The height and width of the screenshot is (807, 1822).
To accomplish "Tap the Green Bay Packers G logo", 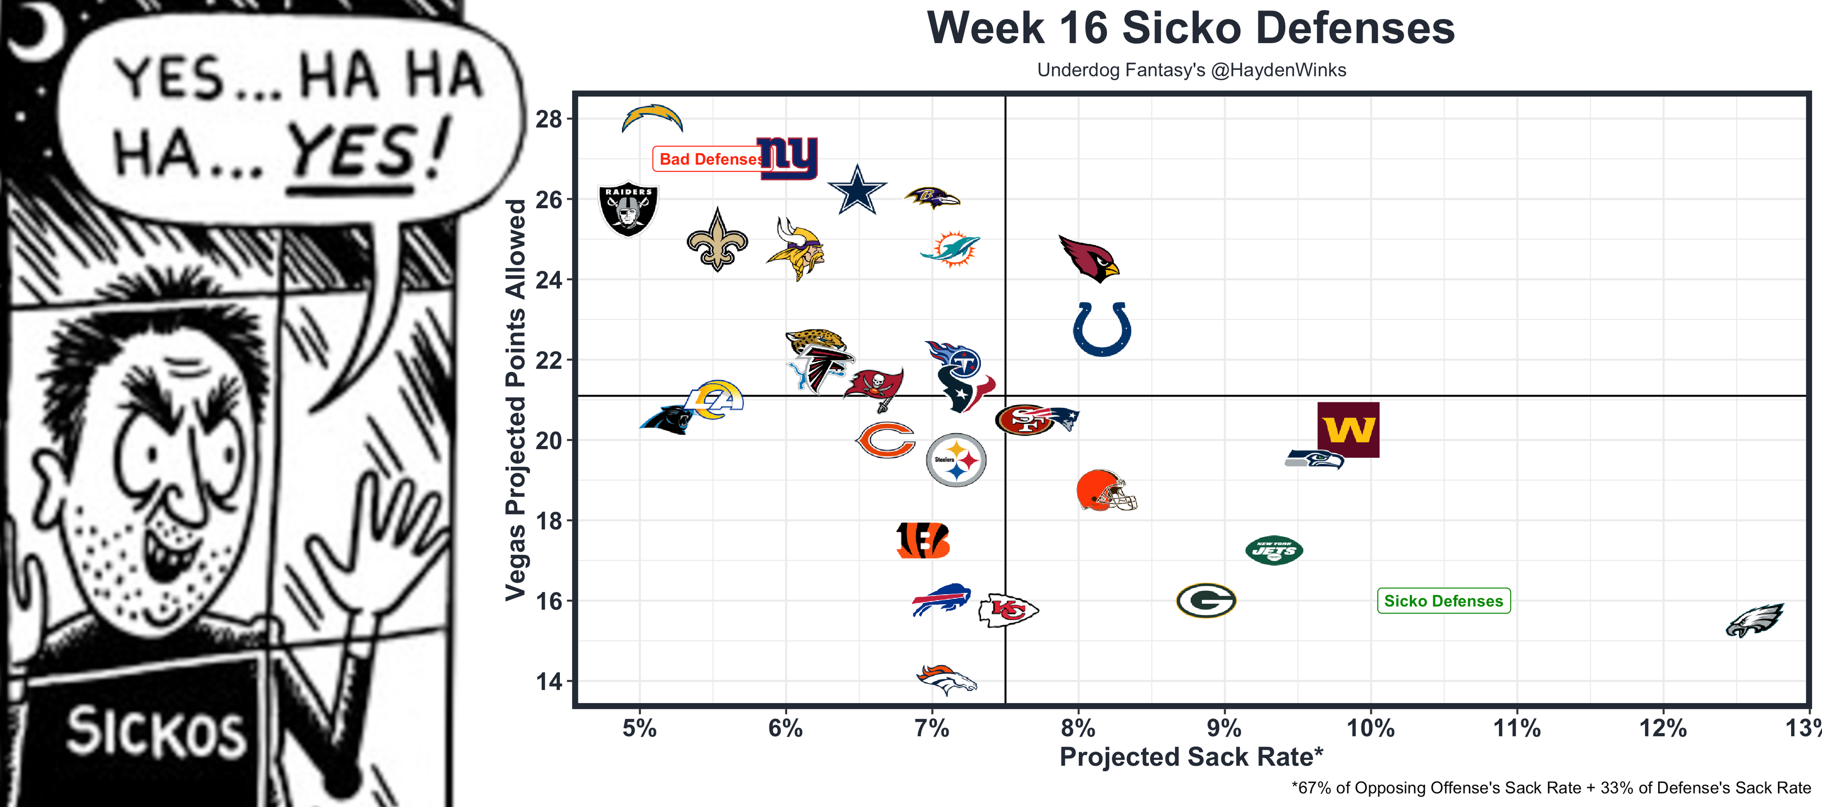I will (1206, 601).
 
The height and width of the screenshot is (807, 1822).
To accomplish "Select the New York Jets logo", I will (1274, 550).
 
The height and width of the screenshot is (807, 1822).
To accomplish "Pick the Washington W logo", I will (1348, 429).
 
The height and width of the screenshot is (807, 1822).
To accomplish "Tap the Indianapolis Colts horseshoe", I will (1102, 329).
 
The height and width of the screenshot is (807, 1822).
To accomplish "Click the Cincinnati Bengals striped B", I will (922, 541).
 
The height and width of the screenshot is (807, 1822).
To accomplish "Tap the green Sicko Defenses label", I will (1443, 601).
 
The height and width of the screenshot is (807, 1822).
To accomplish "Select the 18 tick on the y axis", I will (549, 521).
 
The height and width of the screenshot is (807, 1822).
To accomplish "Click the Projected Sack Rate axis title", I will (1191, 757).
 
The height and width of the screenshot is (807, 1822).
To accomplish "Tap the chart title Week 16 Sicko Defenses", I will (1191, 28).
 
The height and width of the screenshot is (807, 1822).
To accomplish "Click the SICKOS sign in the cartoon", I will (156, 732).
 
